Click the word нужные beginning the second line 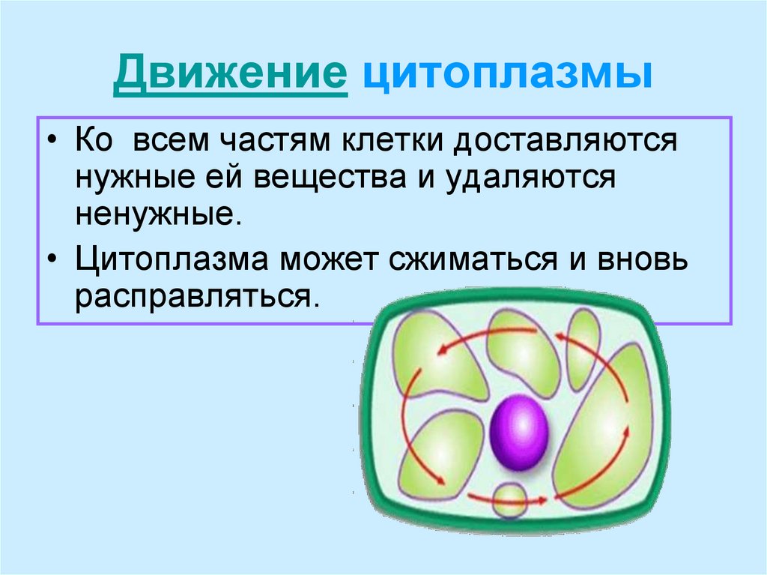[148, 180]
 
